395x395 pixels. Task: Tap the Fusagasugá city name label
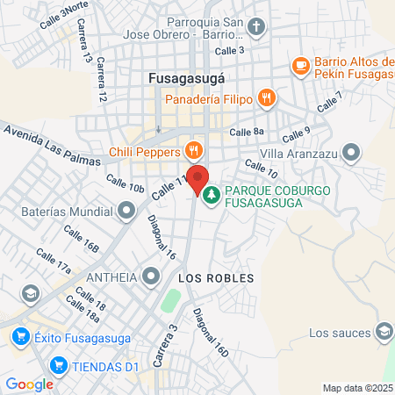click(x=187, y=76)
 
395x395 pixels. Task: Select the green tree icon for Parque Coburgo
click(x=211, y=194)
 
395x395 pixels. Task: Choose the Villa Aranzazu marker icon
click(x=352, y=152)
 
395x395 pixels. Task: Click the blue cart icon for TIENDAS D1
click(x=59, y=364)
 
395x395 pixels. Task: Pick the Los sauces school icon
click(x=384, y=332)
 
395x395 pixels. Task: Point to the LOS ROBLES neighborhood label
click(x=215, y=278)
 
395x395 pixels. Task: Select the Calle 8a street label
click(x=246, y=132)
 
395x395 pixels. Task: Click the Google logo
click(x=29, y=384)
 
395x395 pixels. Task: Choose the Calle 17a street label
click(x=53, y=261)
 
